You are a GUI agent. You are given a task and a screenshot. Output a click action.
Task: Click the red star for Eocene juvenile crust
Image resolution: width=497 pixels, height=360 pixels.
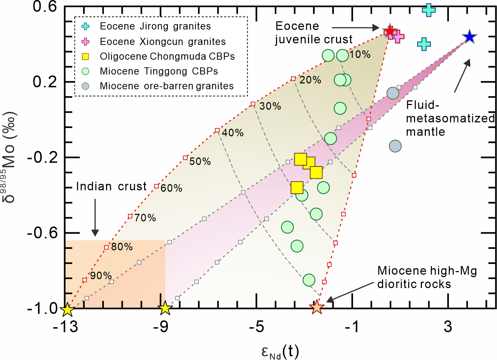tap(390, 31)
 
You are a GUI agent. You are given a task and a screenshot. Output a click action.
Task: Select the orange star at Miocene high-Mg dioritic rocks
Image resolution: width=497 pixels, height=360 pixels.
tap(317, 307)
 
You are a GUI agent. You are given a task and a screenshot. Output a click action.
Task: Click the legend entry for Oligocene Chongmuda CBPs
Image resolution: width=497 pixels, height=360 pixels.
tap(167, 56)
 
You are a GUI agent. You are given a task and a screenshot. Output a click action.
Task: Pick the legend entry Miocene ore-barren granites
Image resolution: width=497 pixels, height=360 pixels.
tap(167, 86)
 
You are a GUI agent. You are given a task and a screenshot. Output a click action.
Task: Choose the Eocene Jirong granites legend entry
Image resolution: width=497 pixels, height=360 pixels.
tap(155, 26)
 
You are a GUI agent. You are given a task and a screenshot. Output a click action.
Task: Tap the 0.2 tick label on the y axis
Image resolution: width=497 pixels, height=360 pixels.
tap(45, 82)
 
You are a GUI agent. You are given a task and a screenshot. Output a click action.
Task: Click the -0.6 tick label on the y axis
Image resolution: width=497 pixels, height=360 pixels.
tap(42, 233)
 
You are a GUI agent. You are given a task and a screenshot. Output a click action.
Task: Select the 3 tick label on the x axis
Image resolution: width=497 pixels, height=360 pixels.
tap(448, 327)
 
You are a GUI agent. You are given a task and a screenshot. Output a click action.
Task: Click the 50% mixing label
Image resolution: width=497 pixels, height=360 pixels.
tap(200, 161)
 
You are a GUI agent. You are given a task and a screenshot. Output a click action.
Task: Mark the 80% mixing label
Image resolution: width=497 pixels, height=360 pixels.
tap(122, 247)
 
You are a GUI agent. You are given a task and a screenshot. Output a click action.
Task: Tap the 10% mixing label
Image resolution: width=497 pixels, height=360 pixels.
tap(360, 54)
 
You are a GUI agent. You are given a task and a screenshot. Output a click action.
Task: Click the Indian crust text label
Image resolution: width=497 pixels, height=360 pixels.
tap(111, 186)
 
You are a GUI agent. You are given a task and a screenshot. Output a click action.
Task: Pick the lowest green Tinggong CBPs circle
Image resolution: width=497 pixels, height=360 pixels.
tap(309, 280)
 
